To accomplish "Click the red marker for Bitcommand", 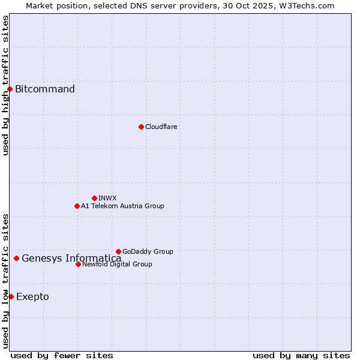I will pyautogui.click(x=10, y=89).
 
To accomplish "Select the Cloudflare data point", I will pyautogui.click(x=141, y=127).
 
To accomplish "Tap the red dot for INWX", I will pyautogui.click(x=94, y=198).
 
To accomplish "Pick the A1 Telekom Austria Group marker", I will pyautogui.click(x=77, y=206).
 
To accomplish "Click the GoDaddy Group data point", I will pyautogui.click(x=118, y=251).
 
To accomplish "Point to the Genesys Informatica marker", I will pyautogui.click(x=16, y=259).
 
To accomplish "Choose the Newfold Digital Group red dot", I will pyautogui.click(x=78, y=264).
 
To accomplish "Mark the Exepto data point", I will pyautogui.click(x=11, y=296).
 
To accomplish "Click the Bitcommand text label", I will pyautogui.click(x=45, y=89).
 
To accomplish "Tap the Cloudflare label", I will pyautogui.click(x=161, y=127).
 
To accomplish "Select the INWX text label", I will pyautogui.click(x=107, y=198).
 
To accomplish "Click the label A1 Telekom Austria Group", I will pyautogui.click(x=122, y=206).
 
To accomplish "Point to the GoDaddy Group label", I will pyautogui.click(x=148, y=251).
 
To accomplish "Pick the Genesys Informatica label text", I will pyautogui.click(x=71, y=259).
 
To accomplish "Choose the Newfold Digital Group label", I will pyautogui.click(x=117, y=264).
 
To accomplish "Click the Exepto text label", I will pyautogui.click(x=32, y=296).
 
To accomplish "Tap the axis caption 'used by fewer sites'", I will pyautogui.click(x=62, y=355).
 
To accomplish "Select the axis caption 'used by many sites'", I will pyautogui.click(x=301, y=355).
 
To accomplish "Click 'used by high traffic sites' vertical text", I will pyautogui.click(x=5, y=85).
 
